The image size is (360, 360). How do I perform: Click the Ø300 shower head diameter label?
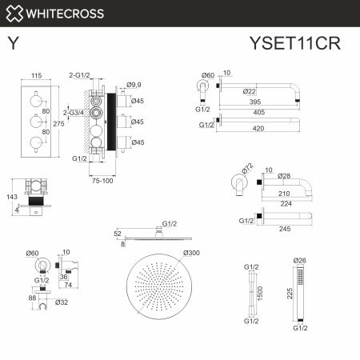tap(192, 253)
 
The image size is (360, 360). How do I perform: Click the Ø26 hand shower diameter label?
tap(299, 261)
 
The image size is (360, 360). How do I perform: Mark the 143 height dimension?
tap(10, 196)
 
